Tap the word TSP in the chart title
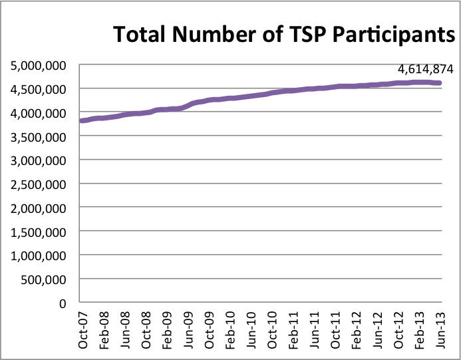(285, 34)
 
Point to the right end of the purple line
(439, 83)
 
